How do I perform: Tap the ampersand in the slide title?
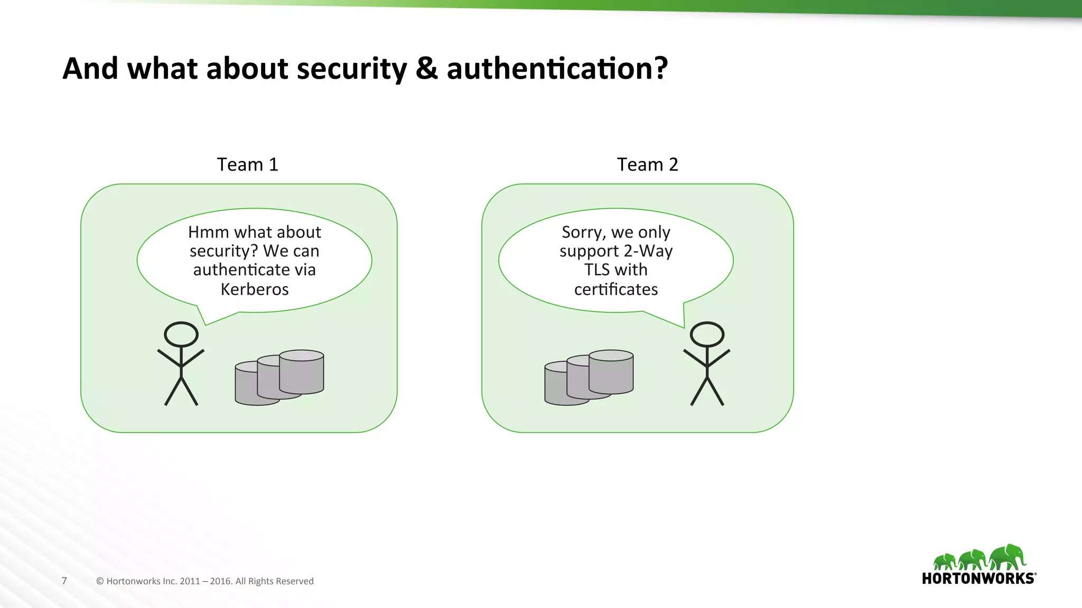pos(427,69)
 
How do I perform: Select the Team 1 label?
pos(247,165)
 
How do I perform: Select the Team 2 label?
pos(647,165)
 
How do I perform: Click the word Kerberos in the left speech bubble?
pos(255,289)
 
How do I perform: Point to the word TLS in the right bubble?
pos(597,270)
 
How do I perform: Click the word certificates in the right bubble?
pos(616,289)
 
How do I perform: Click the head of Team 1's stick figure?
pos(181,334)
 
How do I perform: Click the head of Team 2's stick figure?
pos(707,334)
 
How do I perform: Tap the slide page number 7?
pos(64,581)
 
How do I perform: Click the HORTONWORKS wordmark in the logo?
pos(978,578)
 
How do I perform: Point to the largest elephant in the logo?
pos(1008,557)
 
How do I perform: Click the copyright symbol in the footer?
pos(100,581)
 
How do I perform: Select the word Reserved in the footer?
pos(297,581)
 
